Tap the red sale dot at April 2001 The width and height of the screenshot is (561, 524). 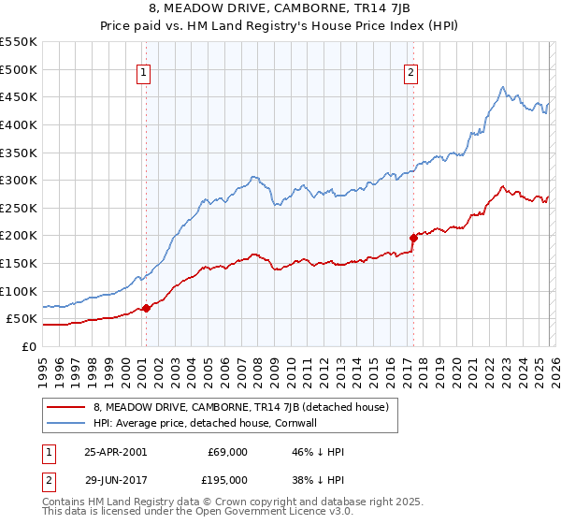[146, 308]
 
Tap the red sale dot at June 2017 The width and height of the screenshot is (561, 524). [413, 238]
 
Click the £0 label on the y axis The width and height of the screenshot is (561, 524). [30, 346]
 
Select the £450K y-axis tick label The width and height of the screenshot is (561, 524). [19, 96]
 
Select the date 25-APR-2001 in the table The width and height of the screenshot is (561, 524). [115, 452]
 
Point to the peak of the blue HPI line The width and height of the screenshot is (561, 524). [502, 87]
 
